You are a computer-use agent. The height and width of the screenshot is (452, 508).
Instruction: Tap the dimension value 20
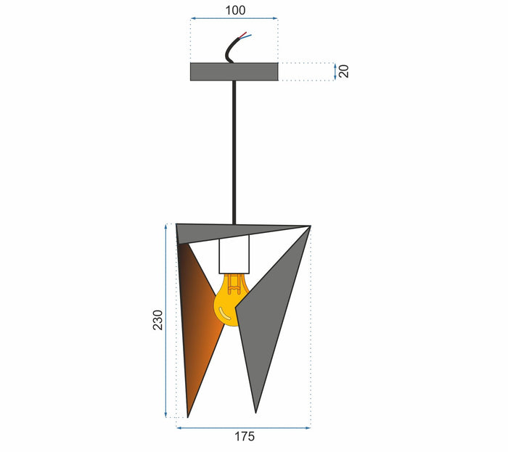coord(344,71)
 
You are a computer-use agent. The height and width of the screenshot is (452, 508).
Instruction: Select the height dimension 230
coord(157,320)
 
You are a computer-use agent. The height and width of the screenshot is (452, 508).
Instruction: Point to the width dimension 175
coord(244,437)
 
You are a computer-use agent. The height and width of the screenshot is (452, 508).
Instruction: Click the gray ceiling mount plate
coord(234,71)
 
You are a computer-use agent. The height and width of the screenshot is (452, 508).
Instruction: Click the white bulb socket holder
coord(234,255)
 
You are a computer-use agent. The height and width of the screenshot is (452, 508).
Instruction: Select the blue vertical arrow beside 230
coord(168,320)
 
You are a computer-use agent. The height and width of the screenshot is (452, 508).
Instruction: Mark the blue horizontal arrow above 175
coord(244,427)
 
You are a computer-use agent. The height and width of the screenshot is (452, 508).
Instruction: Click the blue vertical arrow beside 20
coord(334,71)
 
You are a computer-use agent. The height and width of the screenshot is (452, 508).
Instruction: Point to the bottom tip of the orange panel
coord(188,416)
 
